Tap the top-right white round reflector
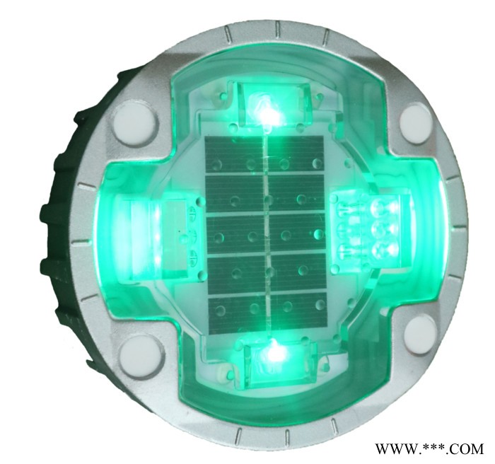(x=417, y=121)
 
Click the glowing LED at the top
(x=268, y=110)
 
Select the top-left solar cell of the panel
(x=234, y=155)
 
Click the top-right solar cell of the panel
(x=296, y=155)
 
